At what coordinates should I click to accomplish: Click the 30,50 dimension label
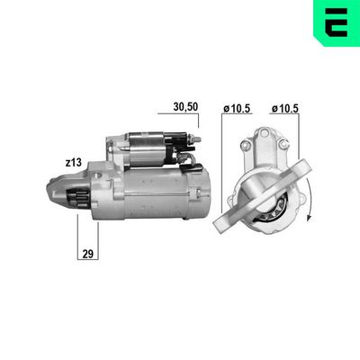pyautogui.click(x=185, y=107)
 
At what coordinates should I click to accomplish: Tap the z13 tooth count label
pyautogui.click(x=74, y=163)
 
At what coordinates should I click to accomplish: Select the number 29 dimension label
pyautogui.click(x=88, y=254)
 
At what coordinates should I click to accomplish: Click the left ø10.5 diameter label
pyautogui.click(x=237, y=109)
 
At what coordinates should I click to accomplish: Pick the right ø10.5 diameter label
pyautogui.click(x=285, y=109)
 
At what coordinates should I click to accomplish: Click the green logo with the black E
pyautogui.click(x=337, y=23)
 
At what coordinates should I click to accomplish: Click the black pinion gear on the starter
pyautogui.click(x=77, y=198)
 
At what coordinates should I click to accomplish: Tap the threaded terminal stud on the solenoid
pyautogui.click(x=197, y=140)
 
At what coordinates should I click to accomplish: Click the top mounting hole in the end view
pyautogui.click(x=264, y=132)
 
